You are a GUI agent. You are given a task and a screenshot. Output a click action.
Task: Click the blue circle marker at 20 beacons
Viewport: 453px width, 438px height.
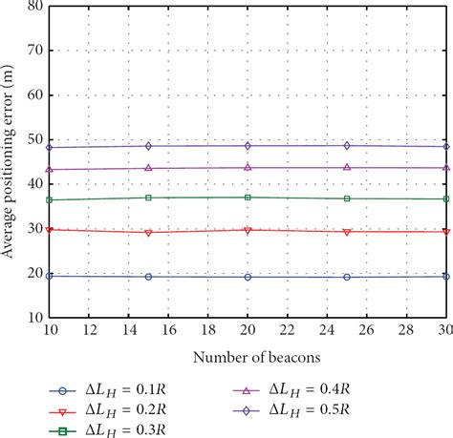click(248, 277)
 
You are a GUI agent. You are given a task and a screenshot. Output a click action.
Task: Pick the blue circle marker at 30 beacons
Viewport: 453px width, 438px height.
click(445, 276)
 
